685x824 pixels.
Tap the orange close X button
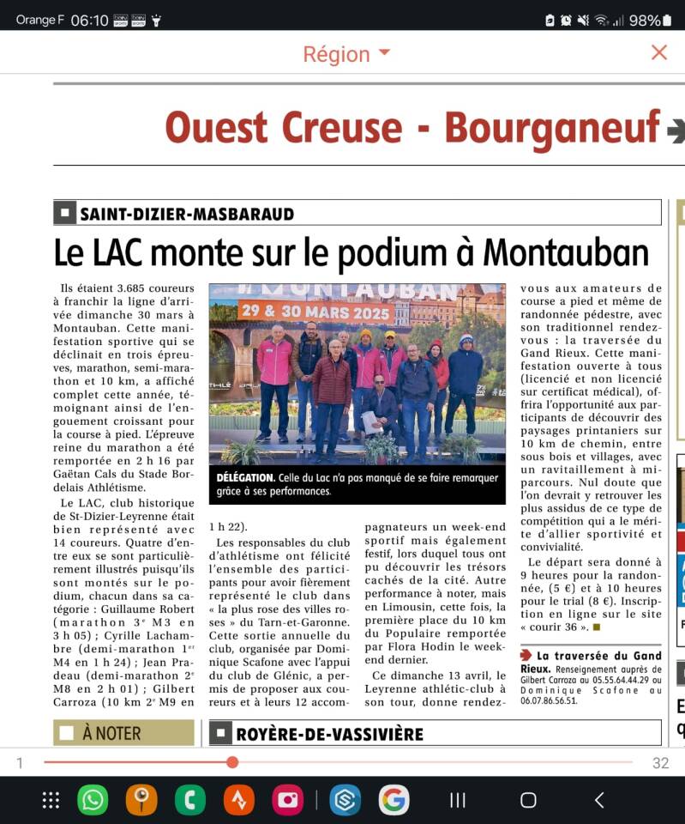coord(658,52)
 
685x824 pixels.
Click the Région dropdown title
coord(346,53)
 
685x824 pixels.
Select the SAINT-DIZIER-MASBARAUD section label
coord(187,214)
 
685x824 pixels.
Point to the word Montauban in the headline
coord(566,253)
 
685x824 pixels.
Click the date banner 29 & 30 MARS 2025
coord(316,311)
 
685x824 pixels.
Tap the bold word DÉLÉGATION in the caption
coord(245,477)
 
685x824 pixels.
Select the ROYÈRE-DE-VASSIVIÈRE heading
coord(329,734)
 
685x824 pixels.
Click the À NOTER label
coord(123,734)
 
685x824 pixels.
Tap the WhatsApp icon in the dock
coord(93,800)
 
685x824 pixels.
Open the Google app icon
coord(394,800)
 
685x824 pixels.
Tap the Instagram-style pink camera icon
coord(288,800)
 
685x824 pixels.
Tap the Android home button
coord(528,800)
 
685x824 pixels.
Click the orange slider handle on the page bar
coord(232,762)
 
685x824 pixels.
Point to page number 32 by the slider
coord(660,763)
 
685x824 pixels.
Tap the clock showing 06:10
coord(90,20)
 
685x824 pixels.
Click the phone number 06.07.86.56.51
coord(549,700)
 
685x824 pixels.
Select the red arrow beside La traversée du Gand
coord(526,656)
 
